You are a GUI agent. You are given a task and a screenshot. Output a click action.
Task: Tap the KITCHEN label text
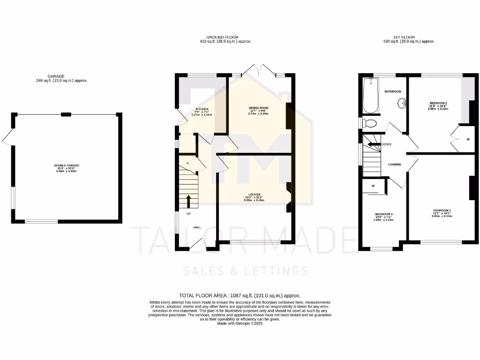pos(202,109)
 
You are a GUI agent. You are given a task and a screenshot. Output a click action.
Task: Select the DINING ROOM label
pos(258,108)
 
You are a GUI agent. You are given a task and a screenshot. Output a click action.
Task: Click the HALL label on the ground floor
pos(197,227)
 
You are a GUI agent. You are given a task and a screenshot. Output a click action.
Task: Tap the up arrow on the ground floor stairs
pos(189,201)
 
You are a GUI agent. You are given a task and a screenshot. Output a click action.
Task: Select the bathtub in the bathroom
pos(370,96)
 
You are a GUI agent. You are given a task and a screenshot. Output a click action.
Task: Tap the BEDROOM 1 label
pos(442,210)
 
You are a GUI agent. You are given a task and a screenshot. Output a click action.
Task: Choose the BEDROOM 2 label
pos(438,103)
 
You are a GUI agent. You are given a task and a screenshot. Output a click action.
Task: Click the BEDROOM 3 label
pos(383,214)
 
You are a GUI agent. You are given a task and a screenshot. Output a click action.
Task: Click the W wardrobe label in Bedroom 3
pos(374,186)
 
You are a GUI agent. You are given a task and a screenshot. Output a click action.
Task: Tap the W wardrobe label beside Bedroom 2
pos(468,139)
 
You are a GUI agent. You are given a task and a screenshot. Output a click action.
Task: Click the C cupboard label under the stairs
pos(187,163)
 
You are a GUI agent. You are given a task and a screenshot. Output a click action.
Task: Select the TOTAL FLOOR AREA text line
pos(240,295)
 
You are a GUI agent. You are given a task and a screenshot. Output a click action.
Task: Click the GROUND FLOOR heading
pos(222,37)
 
